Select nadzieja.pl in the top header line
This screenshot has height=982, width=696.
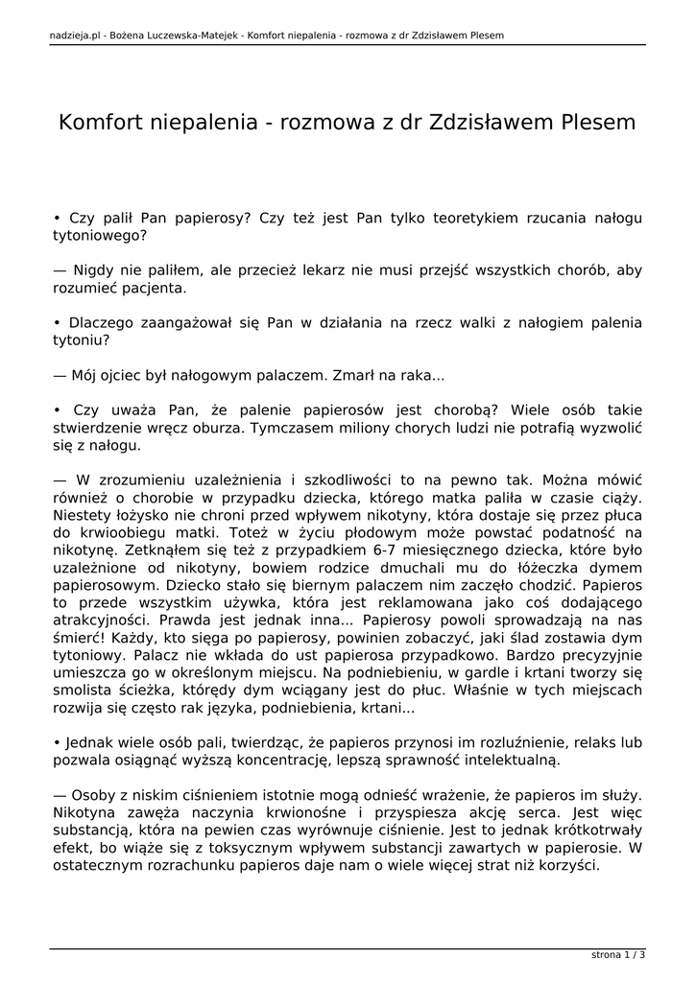coord(73,36)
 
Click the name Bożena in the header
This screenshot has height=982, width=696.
coord(130,36)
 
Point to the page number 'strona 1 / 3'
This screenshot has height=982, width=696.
coord(617,955)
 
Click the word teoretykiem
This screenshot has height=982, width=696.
coord(455,218)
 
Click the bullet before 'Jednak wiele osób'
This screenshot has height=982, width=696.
coord(57,742)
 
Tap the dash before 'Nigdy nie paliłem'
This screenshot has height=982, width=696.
coord(60,270)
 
